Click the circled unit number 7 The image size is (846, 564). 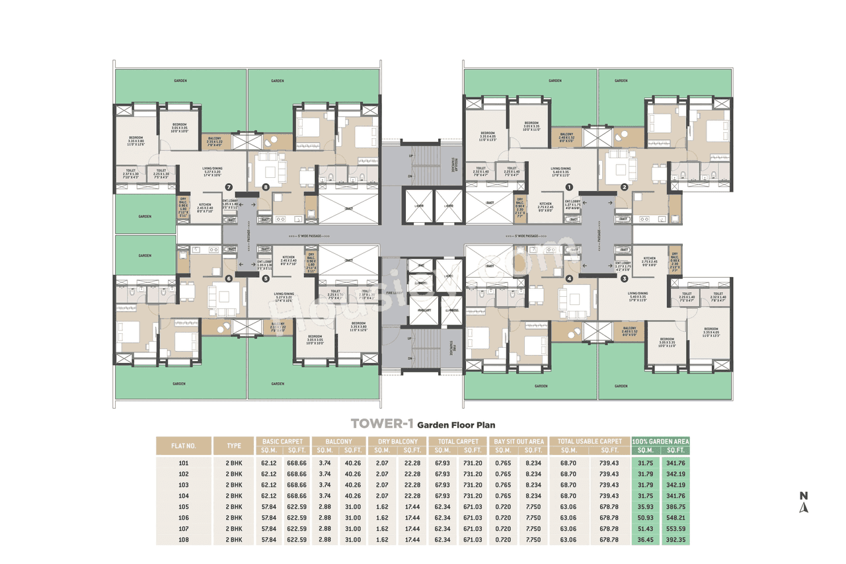(x=229, y=187)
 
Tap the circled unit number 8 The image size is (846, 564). (x=266, y=187)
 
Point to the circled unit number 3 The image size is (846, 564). (x=624, y=278)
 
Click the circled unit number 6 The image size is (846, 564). (x=229, y=278)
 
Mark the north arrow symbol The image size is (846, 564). (x=804, y=503)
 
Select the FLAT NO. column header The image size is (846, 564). (x=183, y=446)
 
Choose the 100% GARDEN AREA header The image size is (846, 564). (x=660, y=441)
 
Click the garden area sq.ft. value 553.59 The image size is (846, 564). (x=675, y=529)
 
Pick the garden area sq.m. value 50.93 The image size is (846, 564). (x=645, y=518)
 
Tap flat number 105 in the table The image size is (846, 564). (x=183, y=506)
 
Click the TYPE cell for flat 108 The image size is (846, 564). (x=235, y=540)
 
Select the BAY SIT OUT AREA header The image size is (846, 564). (x=519, y=441)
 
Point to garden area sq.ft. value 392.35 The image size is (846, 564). (x=675, y=540)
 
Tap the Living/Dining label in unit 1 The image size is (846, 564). (x=560, y=170)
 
